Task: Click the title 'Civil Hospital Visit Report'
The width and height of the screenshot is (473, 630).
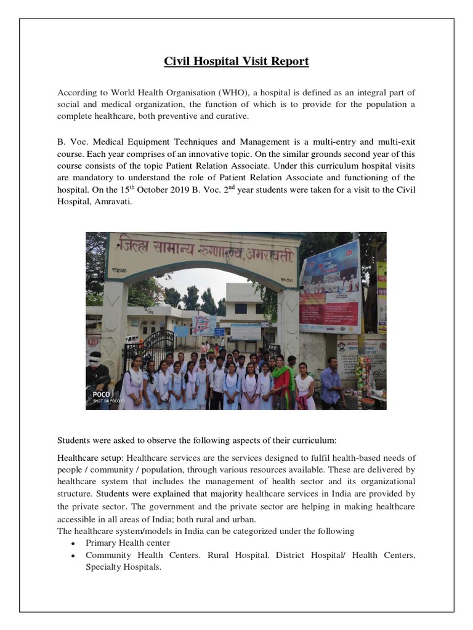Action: point(236,62)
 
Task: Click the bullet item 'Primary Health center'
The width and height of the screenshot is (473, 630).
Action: point(127,543)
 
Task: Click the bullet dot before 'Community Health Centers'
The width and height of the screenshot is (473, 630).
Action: point(73,556)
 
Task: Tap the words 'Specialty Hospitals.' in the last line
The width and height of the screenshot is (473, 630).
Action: point(123,567)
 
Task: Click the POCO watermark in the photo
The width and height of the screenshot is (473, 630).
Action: point(101,394)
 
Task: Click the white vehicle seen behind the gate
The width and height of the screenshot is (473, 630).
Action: point(131,339)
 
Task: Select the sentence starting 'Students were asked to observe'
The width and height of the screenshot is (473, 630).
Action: point(197,441)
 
